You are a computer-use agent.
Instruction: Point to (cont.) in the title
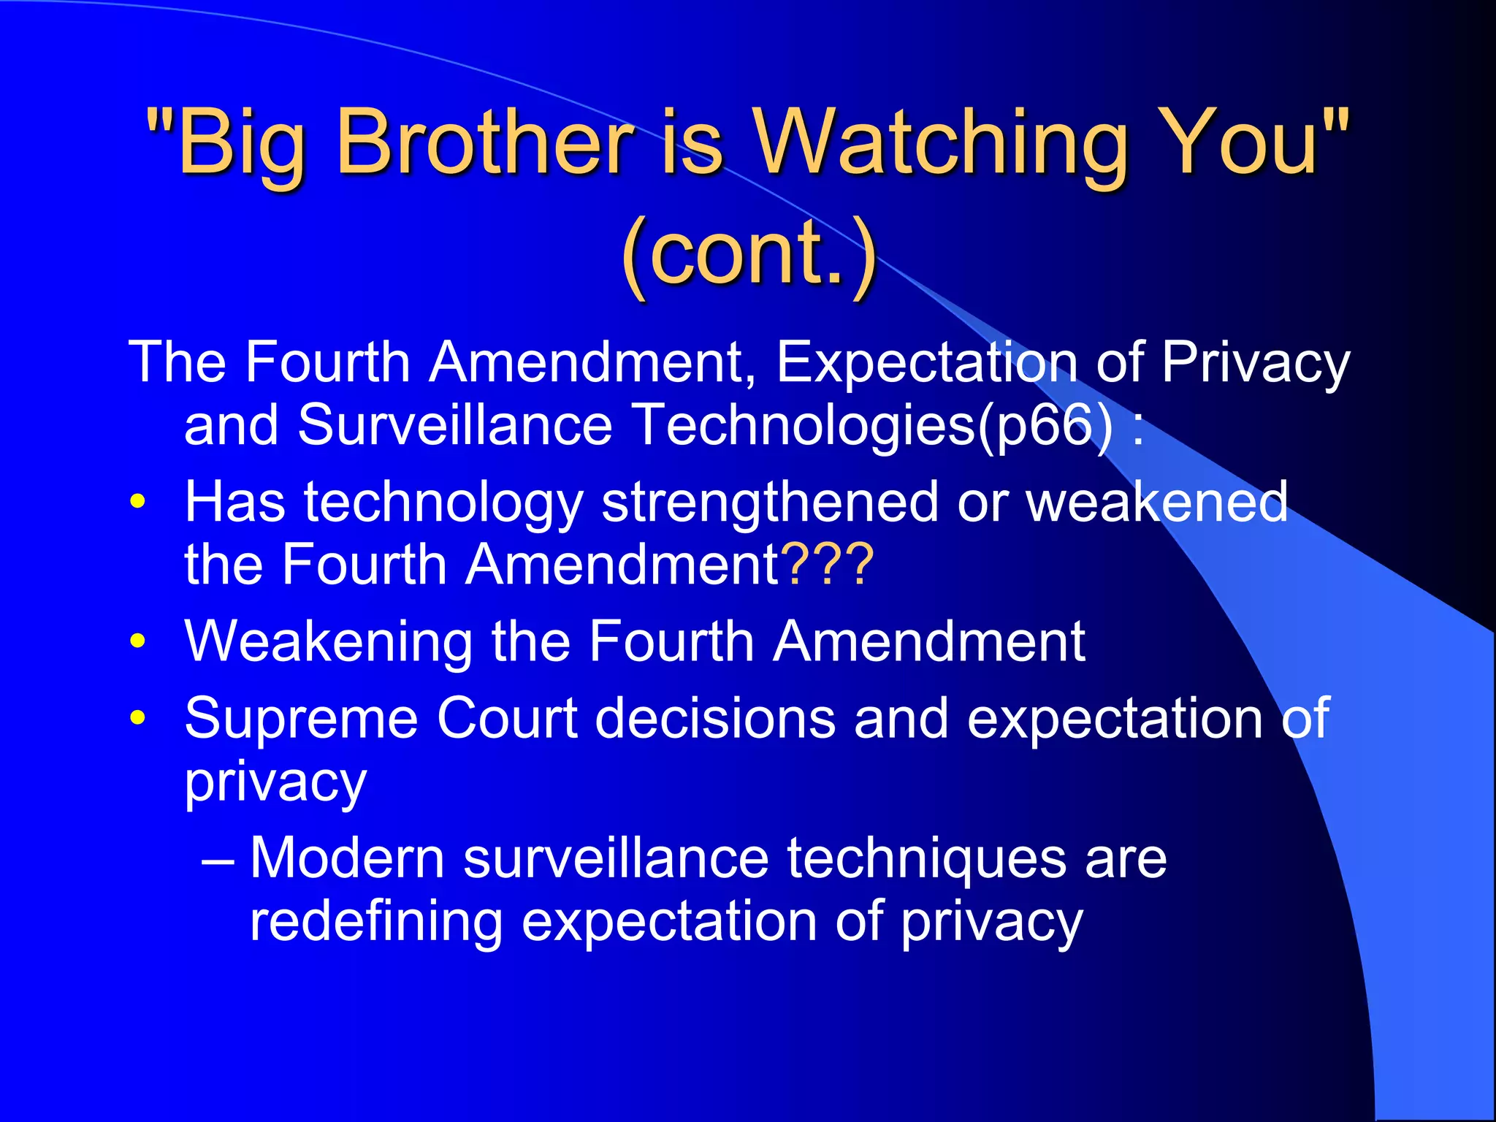tap(748, 252)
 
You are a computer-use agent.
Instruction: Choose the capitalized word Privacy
tap(1255, 363)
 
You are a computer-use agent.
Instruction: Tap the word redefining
tap(376, 921)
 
